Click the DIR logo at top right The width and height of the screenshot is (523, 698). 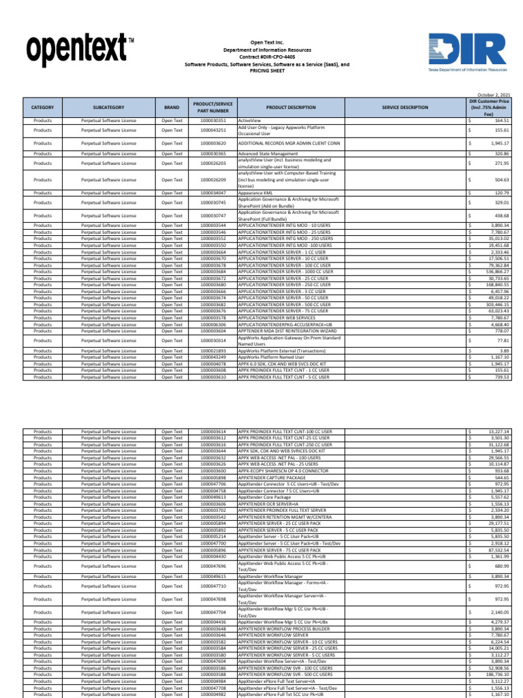(x=467, y=53)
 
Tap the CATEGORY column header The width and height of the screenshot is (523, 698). (x=42, y=108)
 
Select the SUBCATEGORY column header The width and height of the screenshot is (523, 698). (x=109, y=108)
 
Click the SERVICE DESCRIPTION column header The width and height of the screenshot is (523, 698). (x=405, y=108)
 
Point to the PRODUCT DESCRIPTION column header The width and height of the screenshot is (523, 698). (x=291, y=108)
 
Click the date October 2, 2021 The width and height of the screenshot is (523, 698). (x=493, y=95)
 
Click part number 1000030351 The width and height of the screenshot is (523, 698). (x=213, y=120)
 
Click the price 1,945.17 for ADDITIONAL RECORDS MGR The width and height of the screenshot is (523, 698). (x=498, y=144)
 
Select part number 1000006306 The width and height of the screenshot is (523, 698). (x=213, y=324)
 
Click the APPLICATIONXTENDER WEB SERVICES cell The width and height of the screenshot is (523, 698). (x=276, y=318)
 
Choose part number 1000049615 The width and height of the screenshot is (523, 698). (x=213, y=577)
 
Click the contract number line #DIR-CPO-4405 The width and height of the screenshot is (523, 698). (x=267, y=57)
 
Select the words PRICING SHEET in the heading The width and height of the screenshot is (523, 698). (x=267, y=70)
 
